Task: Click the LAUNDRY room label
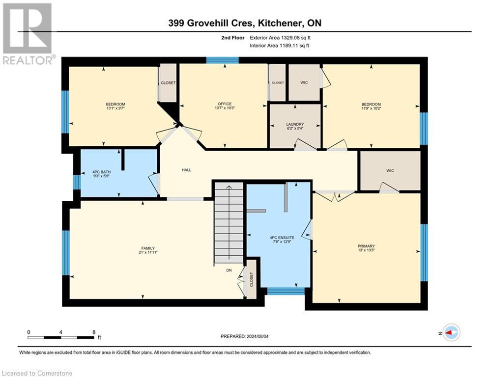(295, 124)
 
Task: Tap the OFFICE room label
(225, 104)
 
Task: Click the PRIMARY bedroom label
(366, 246)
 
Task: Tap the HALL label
(186, 170)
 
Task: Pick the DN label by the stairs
(229, 270)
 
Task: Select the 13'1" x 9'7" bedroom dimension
(115, 108)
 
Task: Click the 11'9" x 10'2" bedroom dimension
(371, 108)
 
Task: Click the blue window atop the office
(222, 60)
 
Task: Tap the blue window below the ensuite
(285, 291)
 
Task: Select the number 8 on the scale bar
(93, 332)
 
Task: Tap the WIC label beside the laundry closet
(304, 82)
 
